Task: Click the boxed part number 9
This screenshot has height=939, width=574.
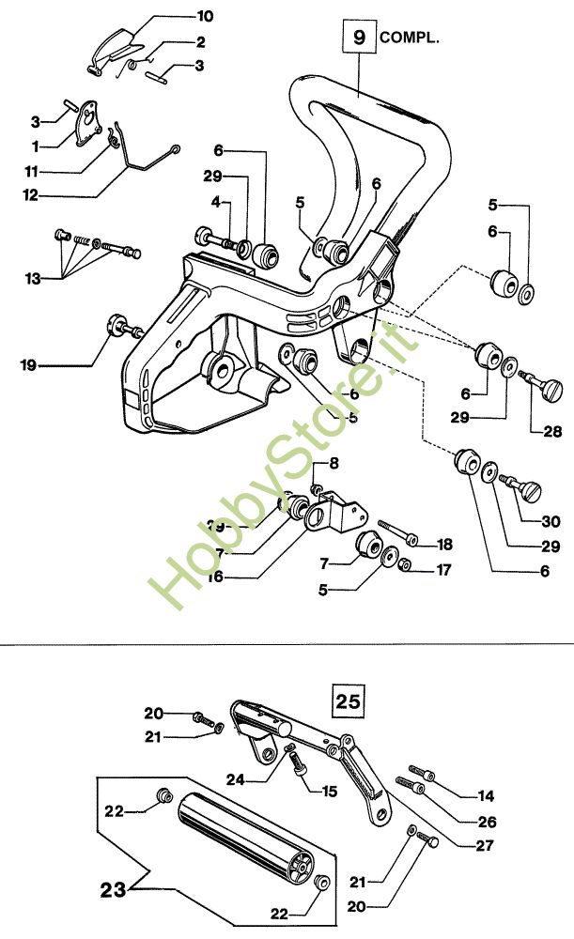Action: click(358, 38)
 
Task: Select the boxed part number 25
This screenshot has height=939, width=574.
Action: click(348, 700)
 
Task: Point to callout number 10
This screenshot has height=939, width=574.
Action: click(203, 16)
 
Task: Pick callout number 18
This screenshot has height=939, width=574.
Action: click(444, 544)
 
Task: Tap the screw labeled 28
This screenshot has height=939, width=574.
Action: click(542, 386)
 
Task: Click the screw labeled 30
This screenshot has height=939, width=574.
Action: click(524, 488)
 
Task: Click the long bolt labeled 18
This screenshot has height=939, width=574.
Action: click(400, 532)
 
